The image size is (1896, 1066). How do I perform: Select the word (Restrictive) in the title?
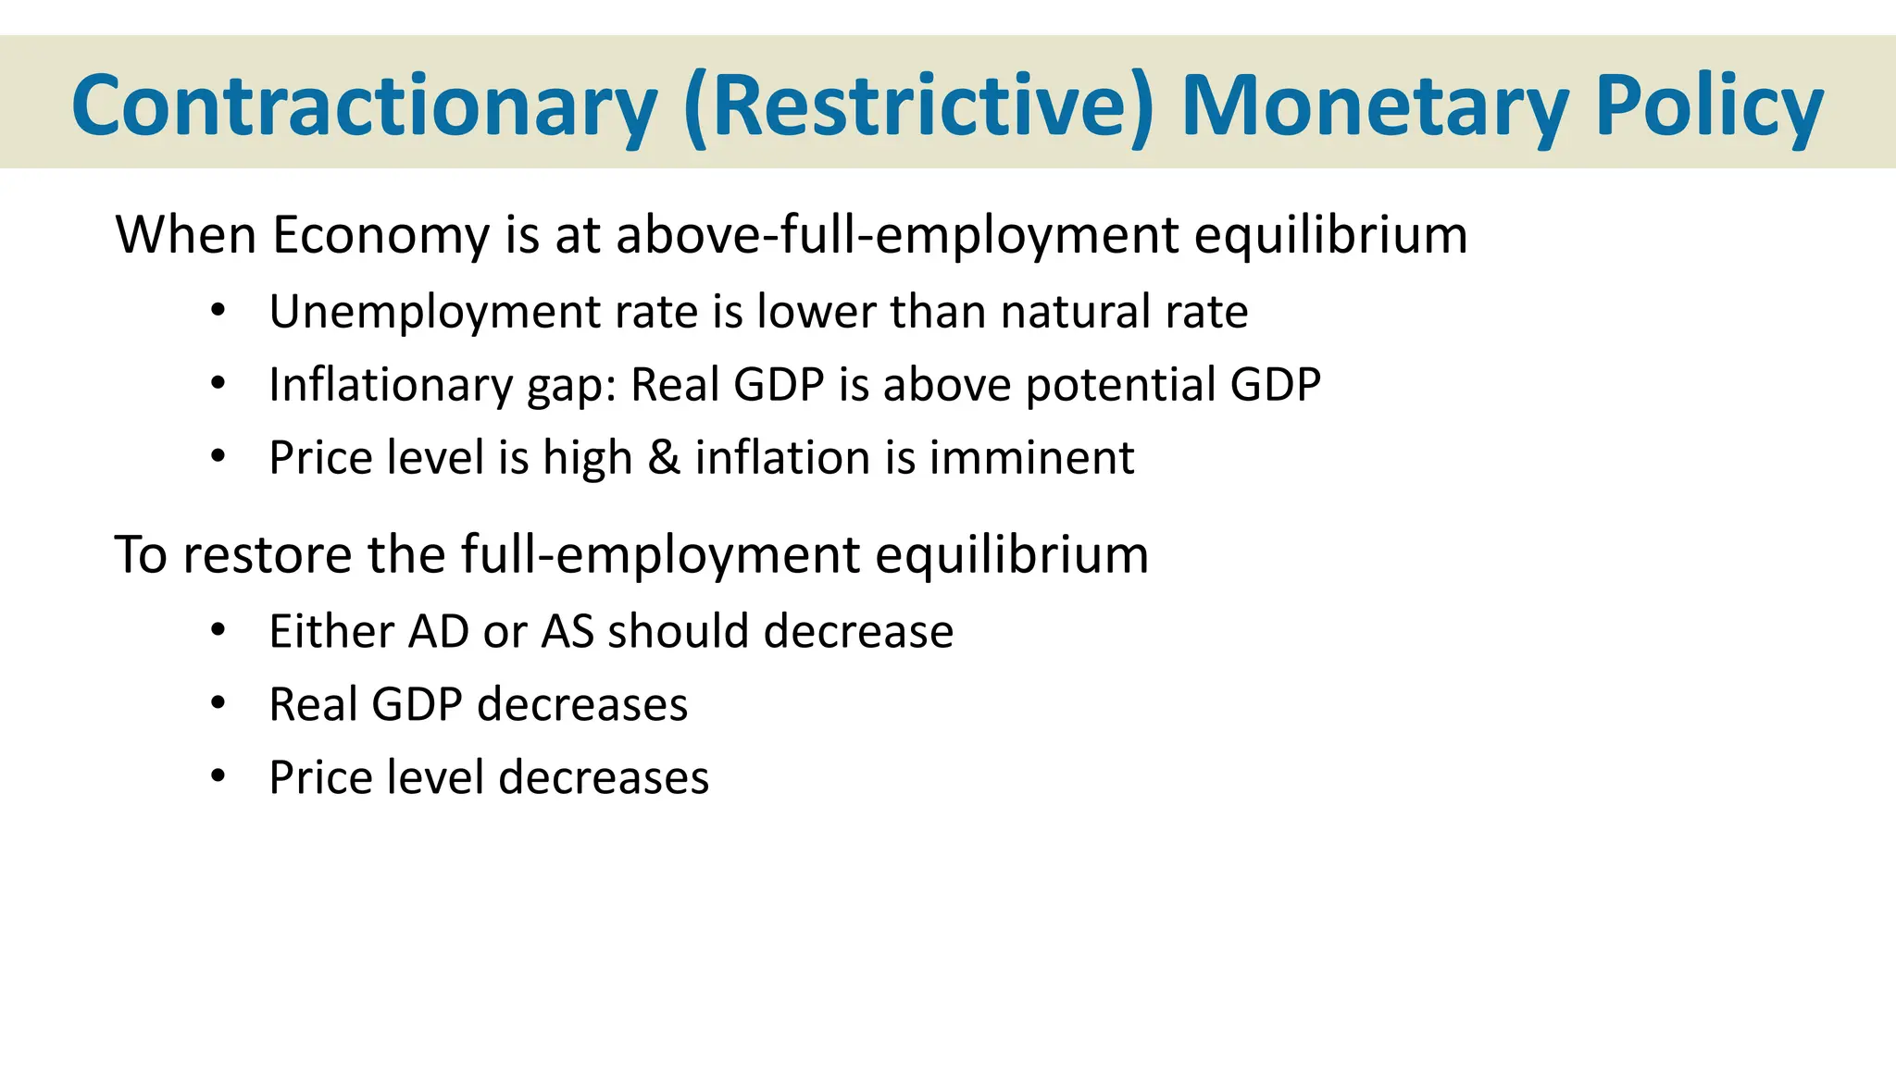(x=919, y=106)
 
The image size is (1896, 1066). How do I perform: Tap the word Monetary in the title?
(x=1375, y=106)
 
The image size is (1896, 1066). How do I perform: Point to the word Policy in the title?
(x=1709, y=106)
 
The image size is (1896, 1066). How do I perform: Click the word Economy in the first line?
(x=380, y=235)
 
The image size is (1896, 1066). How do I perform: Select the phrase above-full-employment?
(x=897, y=235)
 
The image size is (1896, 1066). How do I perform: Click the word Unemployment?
(x=434, y=312)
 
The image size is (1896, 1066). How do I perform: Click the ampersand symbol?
(x=664, y=458)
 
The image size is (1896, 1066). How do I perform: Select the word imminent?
(x=1031, y=458)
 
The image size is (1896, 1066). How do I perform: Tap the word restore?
(x=268, y=555)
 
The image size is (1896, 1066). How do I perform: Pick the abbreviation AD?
(x=439, y=632)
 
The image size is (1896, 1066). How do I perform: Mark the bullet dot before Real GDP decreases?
(x=218, y=704)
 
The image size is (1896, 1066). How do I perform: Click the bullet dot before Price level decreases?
(x=218, y=776)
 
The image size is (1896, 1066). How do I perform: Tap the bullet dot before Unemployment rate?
(x=218, y=311)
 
